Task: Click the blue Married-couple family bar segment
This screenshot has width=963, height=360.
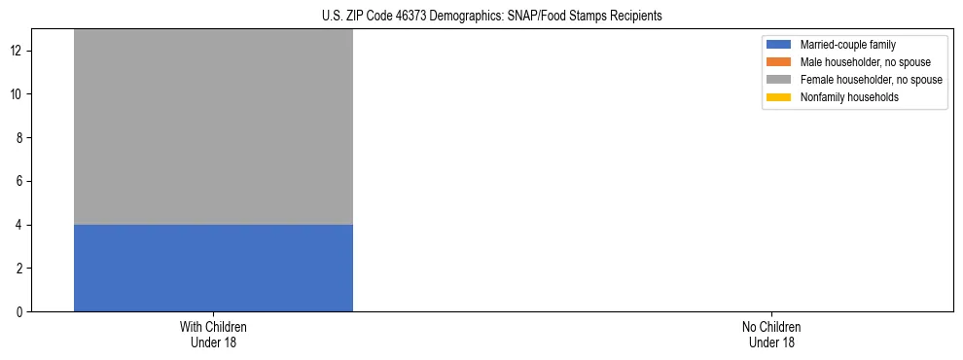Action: (x=213, y=268)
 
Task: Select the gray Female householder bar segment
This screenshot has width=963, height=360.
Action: (x=213, y=126)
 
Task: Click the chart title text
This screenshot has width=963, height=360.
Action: (x=491, y=16)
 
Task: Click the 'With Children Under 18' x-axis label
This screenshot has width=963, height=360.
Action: (x=213, y=334)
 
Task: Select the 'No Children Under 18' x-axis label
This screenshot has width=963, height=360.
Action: (x=771, y=334)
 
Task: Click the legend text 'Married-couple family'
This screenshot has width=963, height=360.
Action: (x=848, y=45)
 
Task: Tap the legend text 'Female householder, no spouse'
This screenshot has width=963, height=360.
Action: (x=871, y=80)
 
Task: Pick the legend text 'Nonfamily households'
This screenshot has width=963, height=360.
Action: (x=847, y=97)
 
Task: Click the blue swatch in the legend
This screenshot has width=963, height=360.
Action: (x=779, y=45)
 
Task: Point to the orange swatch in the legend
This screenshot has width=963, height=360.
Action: (x=779, y=62)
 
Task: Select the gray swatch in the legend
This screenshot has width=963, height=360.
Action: (x=779, y=80)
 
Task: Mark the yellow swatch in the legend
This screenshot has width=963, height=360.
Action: (x=779, y=97)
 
